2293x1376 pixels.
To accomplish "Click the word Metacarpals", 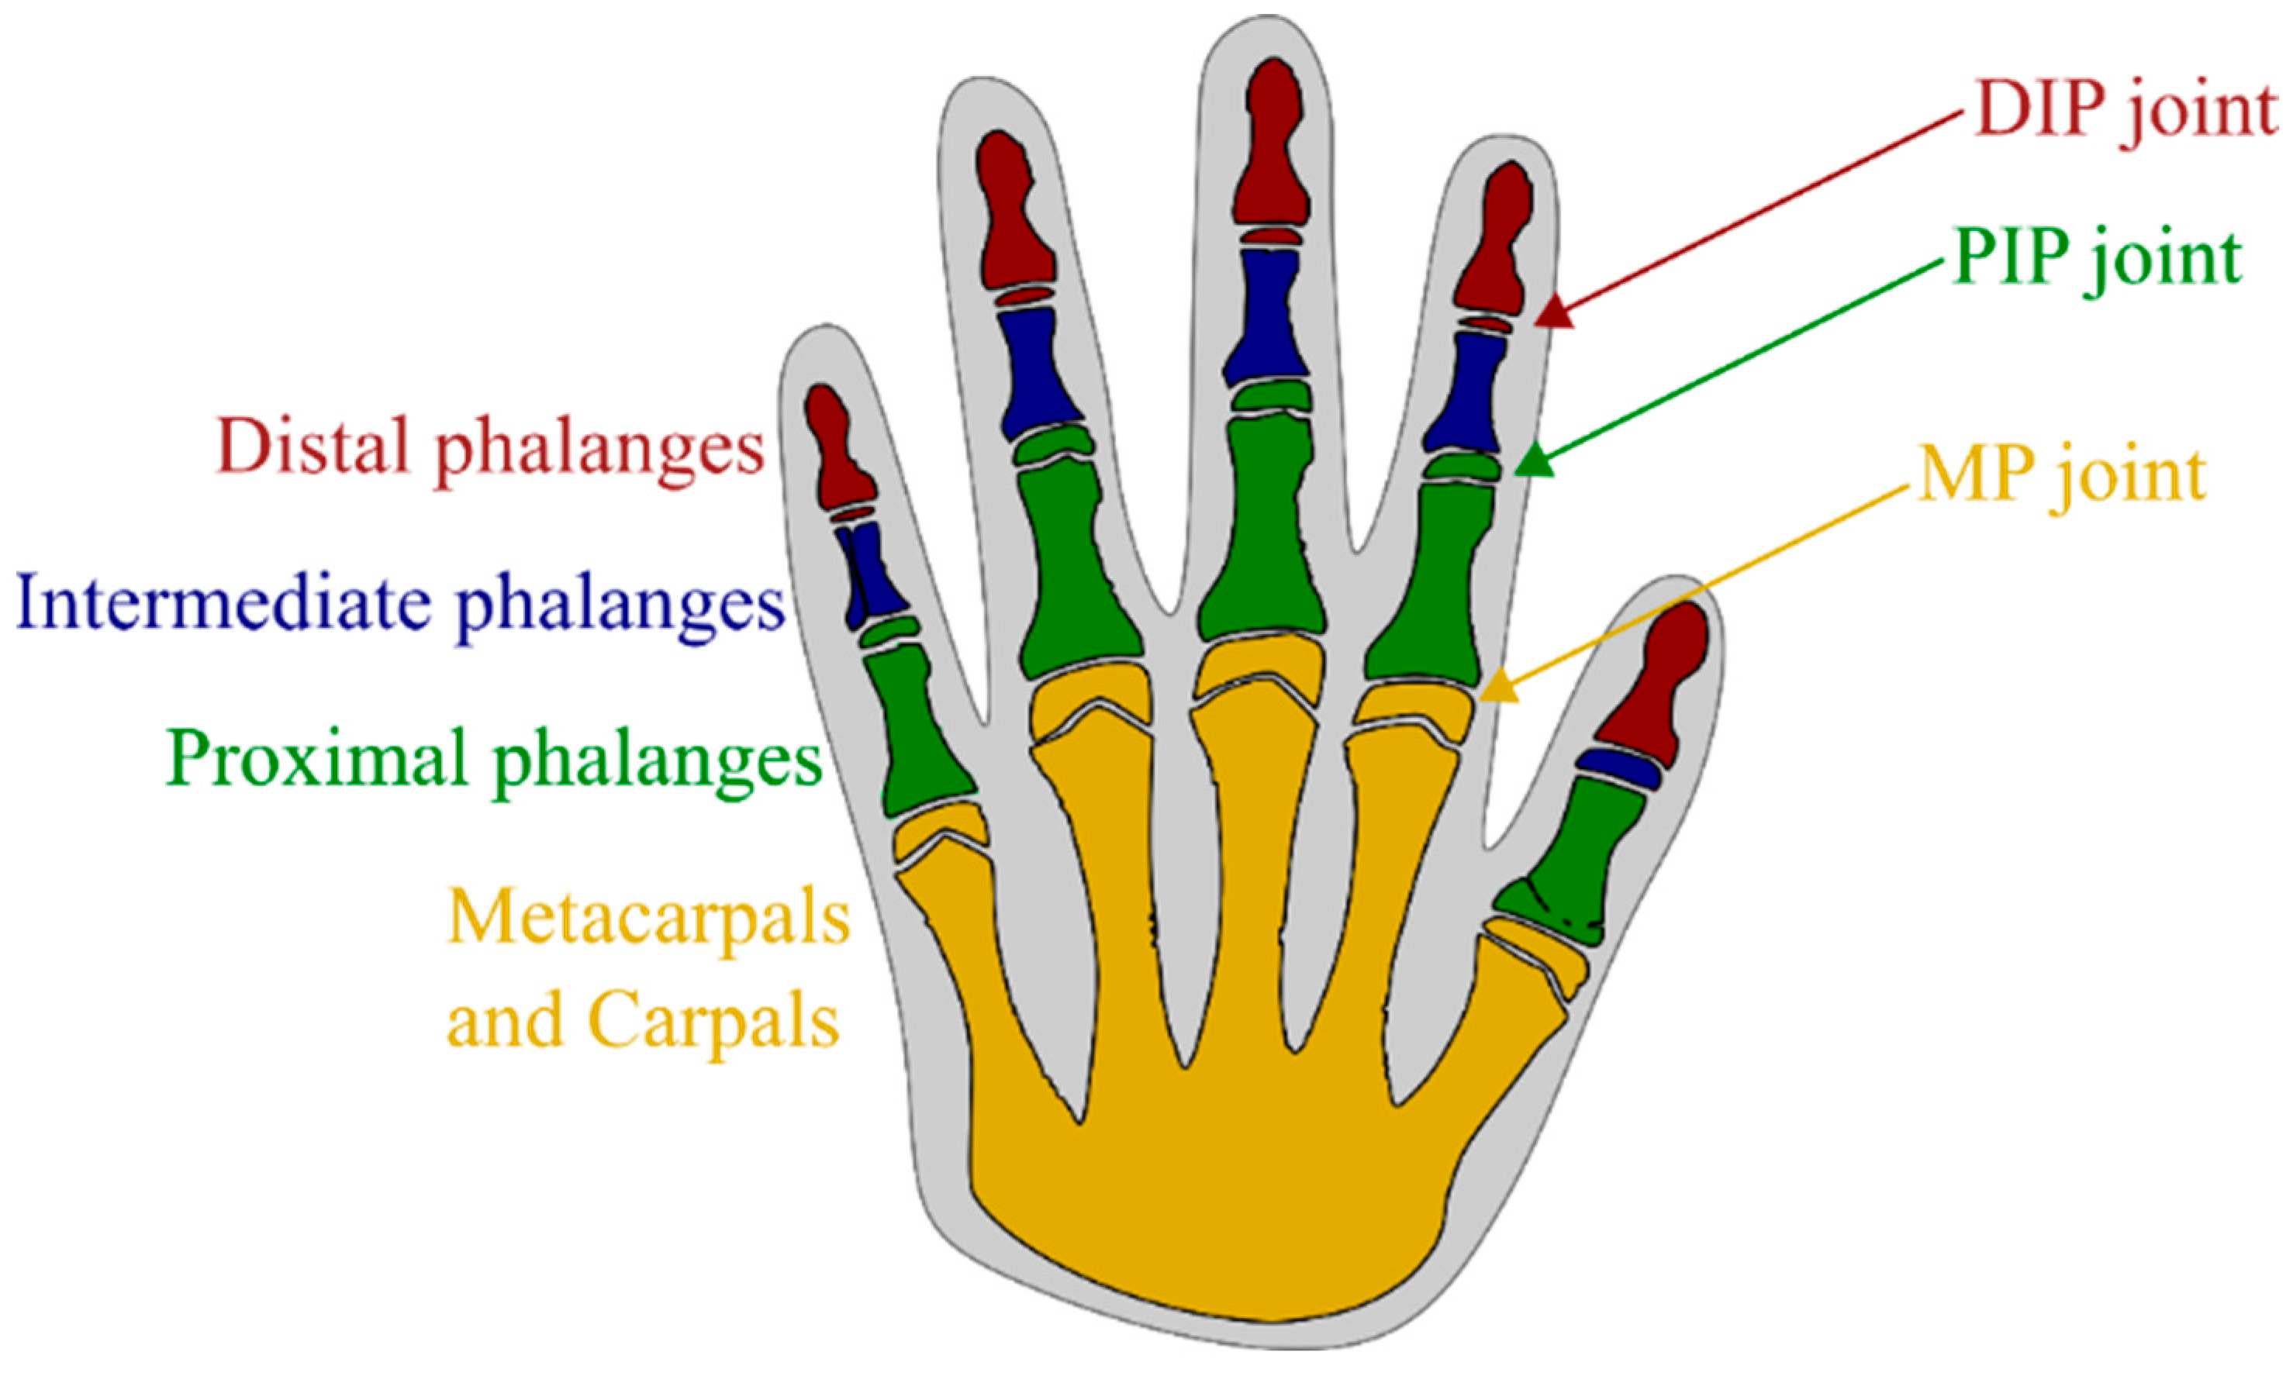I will pyautogui.click(x=648, y=919).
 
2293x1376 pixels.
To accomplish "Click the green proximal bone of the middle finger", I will pyautogui.click(x=1261, y=529).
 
